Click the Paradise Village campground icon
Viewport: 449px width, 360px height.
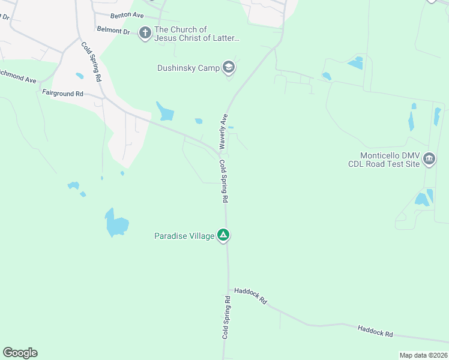coord(223,235)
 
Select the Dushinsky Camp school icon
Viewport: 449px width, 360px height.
coord(228,67)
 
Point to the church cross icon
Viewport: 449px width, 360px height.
coord(145,33)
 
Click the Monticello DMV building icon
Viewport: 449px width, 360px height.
coord(429,159)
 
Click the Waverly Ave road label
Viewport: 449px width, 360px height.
coord(223,131)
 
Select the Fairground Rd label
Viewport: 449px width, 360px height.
coord(62,93)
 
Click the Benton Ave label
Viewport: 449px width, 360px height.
coord(127,15)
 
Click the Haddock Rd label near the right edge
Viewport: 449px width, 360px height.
coord(375,330)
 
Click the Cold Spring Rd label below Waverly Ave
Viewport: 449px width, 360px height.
coord(224,180)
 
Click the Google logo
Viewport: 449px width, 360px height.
coord(20,353)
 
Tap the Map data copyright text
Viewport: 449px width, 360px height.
coord(423,355)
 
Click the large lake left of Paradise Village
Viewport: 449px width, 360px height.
coord(116,223)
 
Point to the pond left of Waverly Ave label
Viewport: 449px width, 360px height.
coord(165,111)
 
